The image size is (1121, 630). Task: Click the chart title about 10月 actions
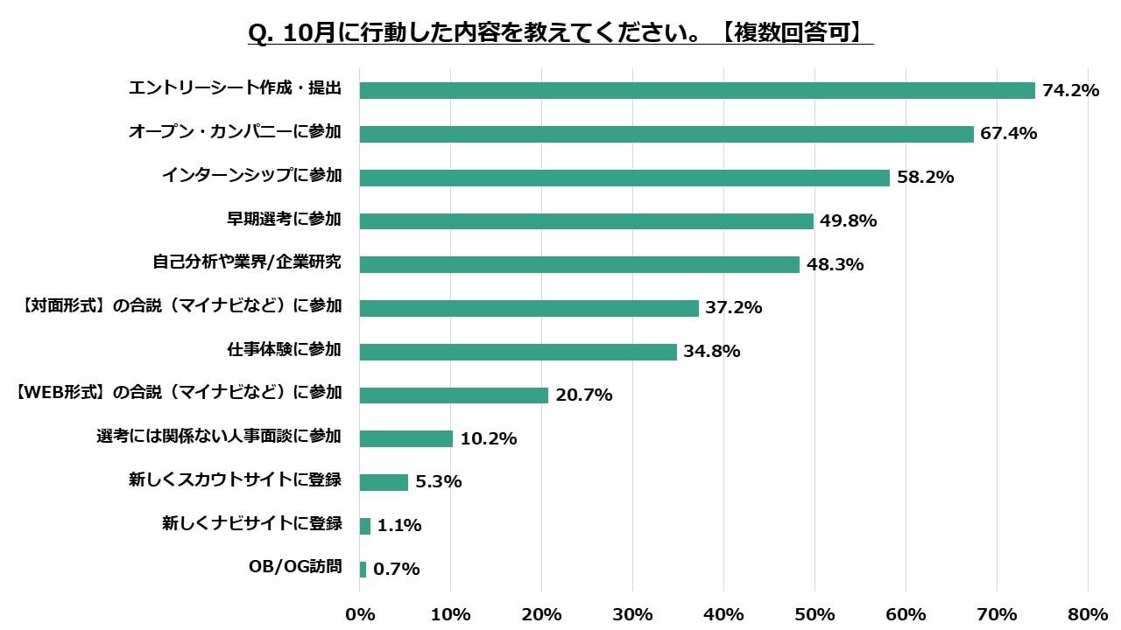560,32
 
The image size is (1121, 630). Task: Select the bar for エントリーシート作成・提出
697,90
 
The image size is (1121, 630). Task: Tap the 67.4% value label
1009,134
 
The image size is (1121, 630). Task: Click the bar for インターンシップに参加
624,178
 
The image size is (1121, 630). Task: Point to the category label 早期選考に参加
283,220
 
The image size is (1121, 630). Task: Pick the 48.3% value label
835,264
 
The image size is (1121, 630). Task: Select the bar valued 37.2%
529,308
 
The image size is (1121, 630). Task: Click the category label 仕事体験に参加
283,351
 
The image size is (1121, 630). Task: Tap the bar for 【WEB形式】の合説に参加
454,395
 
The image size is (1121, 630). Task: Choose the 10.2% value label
488,439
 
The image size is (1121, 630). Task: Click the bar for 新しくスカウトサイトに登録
384,482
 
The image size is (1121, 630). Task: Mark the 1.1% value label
399,526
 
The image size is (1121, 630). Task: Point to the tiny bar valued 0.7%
363,570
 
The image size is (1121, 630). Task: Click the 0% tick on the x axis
360,614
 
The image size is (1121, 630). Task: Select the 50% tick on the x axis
814,614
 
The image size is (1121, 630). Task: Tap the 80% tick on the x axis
1088,614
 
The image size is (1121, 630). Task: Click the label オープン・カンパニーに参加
235,133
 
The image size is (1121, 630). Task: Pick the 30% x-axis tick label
632,614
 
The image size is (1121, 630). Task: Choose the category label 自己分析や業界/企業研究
246,263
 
